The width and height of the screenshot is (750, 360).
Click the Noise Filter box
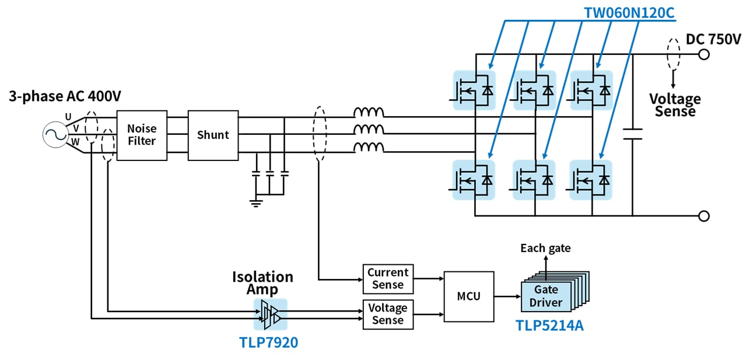142,135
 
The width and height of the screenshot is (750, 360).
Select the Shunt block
213,135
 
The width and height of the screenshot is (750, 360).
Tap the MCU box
469,296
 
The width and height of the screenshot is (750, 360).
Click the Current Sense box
388,279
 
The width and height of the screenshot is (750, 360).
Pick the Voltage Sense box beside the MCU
388,314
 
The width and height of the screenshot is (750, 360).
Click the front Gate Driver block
546,296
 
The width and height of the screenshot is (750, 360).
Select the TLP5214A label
549,325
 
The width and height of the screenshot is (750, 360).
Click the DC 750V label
713,40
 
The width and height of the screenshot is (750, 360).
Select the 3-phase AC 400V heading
65,96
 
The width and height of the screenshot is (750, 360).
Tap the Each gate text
546,249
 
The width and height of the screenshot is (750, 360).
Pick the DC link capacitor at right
632,134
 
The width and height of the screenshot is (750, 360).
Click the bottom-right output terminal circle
704,216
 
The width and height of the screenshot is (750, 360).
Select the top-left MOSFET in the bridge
474,90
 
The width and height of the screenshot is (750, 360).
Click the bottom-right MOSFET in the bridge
591,180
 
